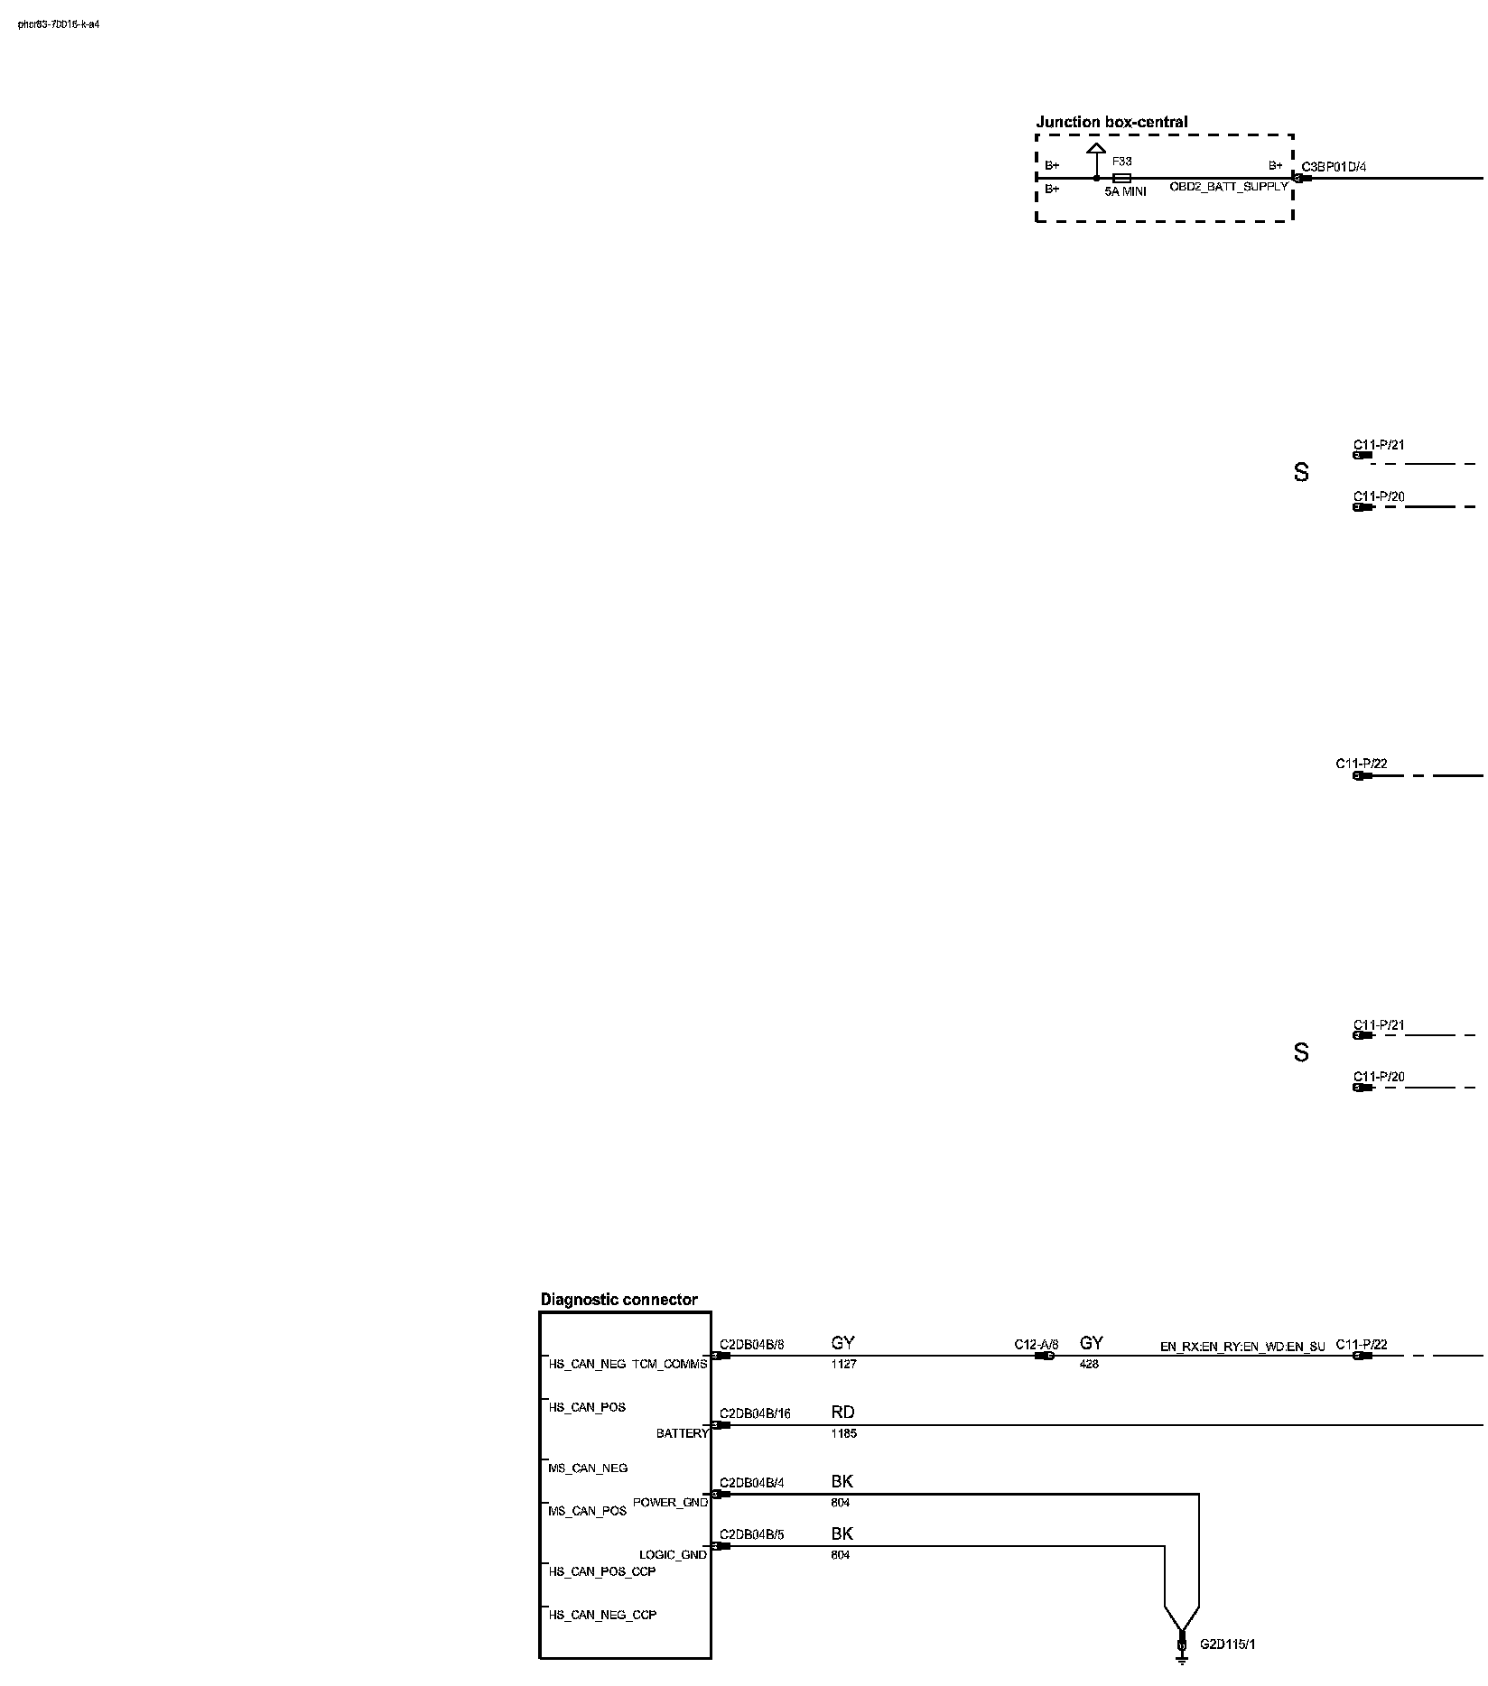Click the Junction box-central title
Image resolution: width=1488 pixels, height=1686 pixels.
click(x=1111, y=122)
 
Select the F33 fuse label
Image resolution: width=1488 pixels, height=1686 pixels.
click(x=1121, y=162)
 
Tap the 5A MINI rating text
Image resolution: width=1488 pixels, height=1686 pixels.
click(x=1125, y=191)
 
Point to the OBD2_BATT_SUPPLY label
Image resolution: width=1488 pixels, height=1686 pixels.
click(x=1229, y=187)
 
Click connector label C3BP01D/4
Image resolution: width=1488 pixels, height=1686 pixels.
click(x=1334, y=167)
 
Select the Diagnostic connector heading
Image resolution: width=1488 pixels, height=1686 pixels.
click(x=618, y=1300)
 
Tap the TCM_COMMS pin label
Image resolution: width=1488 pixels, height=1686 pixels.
click(x=669, y=1364)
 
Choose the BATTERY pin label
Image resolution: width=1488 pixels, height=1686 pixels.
click(x=682, y=1433)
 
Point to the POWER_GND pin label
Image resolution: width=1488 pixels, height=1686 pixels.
click(x=670, y=1502)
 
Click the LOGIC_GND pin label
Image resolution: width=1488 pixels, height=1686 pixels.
click(x=673, y=1554)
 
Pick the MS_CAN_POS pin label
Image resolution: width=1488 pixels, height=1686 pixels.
click(x=587, y=1511)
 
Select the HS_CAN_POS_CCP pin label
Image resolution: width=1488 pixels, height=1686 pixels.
click(x=602, y=1571)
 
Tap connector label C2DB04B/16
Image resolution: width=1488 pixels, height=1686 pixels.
click(x=755, y=1413)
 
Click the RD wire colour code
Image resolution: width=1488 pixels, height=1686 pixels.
click(x=842, y=1413)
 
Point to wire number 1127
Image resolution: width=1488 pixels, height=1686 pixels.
click(x=843, y=1364)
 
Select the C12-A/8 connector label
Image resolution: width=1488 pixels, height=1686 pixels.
click(x=1036, y=1344)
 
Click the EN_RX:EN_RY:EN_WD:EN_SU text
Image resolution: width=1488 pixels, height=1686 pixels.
click(x=1242, y=1348)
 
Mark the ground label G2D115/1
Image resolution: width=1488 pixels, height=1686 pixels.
click(x=1227, y=1644)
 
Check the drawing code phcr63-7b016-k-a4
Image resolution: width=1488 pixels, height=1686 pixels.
click(x=59, y=24)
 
